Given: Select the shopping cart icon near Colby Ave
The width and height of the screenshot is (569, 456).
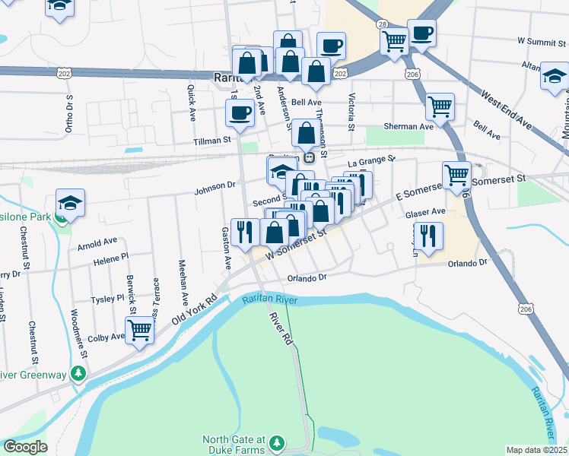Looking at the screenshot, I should pyautogui.click(x=139, y=331).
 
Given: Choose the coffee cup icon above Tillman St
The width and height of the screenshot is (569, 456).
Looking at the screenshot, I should pyautogui.click(x=240, y=113).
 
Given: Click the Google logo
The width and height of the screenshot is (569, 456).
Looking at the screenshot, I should pyautogui.click(x=25, y=447).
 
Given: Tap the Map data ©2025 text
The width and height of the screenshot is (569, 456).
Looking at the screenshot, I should pyautogui.click(x=536, y=450).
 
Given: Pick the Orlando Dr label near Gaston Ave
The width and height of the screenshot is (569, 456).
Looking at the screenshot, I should pyautogui.click(x=307, y=278).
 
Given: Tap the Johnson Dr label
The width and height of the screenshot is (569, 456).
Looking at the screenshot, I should pyautogui.click(x=215, y=185).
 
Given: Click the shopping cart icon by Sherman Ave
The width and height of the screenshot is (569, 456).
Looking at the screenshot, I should pyautogui.click(x=440, y=107).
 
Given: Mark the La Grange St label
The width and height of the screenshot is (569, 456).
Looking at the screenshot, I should pyautogui.click(x=372, y=160).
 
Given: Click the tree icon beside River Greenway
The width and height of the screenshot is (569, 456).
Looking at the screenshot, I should pyautogui.click(x=78, y=373).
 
